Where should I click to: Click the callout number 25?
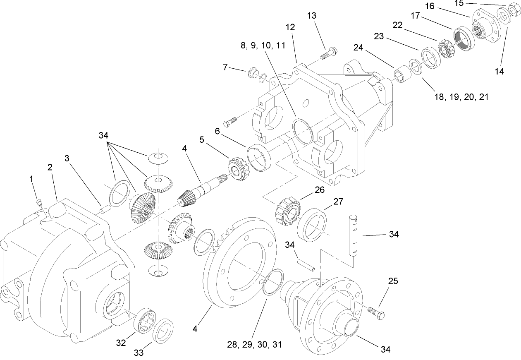coord(393,281)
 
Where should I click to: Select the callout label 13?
coord(311,16)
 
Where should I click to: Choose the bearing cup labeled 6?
coord(258,157)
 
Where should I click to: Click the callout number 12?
coord(290,27)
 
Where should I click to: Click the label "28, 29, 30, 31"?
coord(254,344)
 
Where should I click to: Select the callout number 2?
coord(50,167)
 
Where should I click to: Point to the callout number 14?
coord(499,71)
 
